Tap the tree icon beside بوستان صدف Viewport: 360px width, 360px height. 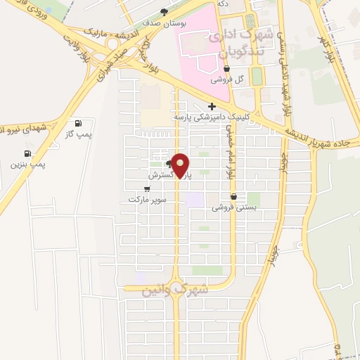point(165,11)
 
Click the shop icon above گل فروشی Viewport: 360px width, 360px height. point(226,69)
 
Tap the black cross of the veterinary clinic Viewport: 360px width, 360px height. point(212,106)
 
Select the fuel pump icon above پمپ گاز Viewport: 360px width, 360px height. point(88,123)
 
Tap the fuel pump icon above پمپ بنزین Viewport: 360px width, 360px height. point(27,153)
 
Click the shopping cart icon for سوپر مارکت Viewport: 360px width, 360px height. point(147,188)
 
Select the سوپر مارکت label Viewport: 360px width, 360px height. point(147,199)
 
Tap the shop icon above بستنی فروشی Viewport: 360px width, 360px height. point(233,197)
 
